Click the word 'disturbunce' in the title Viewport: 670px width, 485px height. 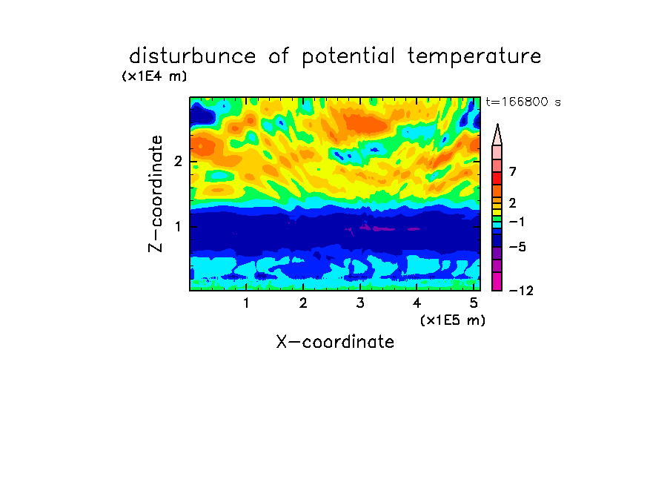coord(193,56)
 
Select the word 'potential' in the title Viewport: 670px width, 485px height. coord(348,57)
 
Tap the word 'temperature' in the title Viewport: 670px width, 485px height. coord(474,57)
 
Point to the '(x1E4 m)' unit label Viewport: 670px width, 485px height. coord(154,76)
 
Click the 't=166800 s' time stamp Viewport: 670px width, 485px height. coord(523,102)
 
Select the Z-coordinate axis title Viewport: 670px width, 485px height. coord(156,194)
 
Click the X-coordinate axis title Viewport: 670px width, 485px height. coord(335,342)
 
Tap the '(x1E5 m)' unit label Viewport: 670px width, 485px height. coord(453,320)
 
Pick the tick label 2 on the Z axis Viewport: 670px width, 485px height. coord(178,161)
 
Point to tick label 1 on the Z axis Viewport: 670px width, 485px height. coord(178,226)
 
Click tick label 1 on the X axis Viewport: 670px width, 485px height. coord(246,303)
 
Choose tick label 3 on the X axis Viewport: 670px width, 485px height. coord(360,303)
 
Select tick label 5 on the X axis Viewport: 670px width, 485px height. coord(474,303)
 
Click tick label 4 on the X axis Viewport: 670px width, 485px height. coord(417,303)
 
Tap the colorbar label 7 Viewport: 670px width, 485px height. coord(513,172)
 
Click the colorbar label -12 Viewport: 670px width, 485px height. coord(521,291)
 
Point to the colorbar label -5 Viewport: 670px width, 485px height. coord(517,247)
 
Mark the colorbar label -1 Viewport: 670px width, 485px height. coord(517,222)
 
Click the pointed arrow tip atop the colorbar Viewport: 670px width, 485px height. coord(497,125)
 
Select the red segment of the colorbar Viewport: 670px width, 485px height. coord(497,178)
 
